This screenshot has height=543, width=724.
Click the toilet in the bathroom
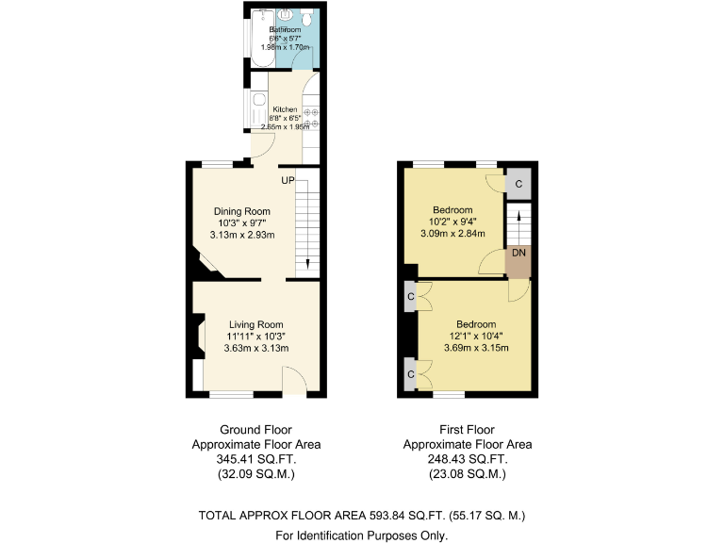point(307,18)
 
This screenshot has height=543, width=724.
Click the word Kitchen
point(285,109)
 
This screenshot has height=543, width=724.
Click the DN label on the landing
point(518,253)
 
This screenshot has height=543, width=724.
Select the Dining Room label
point(241,211)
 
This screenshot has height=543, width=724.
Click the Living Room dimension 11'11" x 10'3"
point(255,337)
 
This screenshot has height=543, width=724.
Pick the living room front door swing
point(294,382)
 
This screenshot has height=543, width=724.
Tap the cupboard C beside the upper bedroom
point(518,183)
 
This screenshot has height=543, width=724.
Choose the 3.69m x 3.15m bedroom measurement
point(476,348)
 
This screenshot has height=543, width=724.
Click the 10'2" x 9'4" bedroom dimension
point(452,222)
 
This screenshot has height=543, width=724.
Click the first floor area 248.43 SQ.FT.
point(467,459)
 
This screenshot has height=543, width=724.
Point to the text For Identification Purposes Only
point(361,535)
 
